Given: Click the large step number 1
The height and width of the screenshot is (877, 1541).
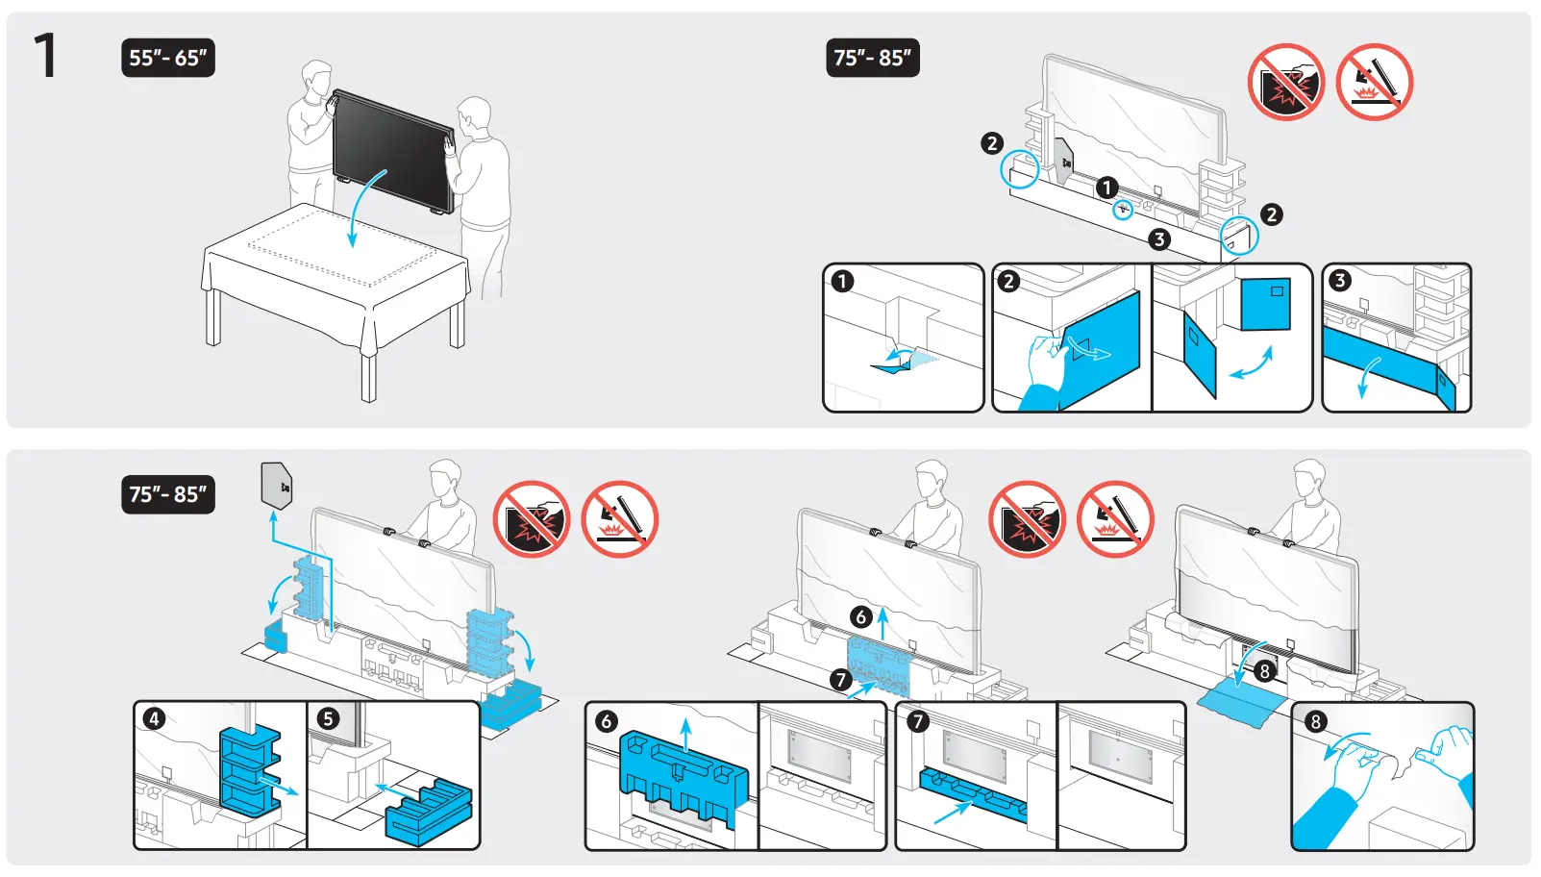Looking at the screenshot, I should (45, 55).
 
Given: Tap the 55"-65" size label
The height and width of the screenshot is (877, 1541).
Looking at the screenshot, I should (168, 58).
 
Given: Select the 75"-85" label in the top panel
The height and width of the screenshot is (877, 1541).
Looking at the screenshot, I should (872, 58).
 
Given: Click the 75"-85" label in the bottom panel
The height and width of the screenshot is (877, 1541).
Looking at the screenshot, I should (168, 494).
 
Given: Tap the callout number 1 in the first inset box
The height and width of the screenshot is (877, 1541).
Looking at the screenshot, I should (843, 282).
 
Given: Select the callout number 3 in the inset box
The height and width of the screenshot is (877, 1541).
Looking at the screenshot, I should (1340, 281).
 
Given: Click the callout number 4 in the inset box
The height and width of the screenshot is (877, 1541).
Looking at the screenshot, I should (154, 719).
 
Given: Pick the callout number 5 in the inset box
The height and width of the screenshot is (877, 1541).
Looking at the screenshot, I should (329, 719).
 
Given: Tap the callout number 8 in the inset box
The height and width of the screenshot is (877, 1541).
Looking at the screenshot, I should (1316, 721).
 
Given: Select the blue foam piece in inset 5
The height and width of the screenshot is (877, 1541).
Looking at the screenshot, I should (429, 813).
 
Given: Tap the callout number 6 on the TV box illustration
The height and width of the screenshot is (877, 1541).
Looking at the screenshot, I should (861, 616).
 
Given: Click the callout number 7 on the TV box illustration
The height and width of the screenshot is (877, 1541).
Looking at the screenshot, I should (841, 680).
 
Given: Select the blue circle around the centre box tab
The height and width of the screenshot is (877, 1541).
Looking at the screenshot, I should (1123, 210).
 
